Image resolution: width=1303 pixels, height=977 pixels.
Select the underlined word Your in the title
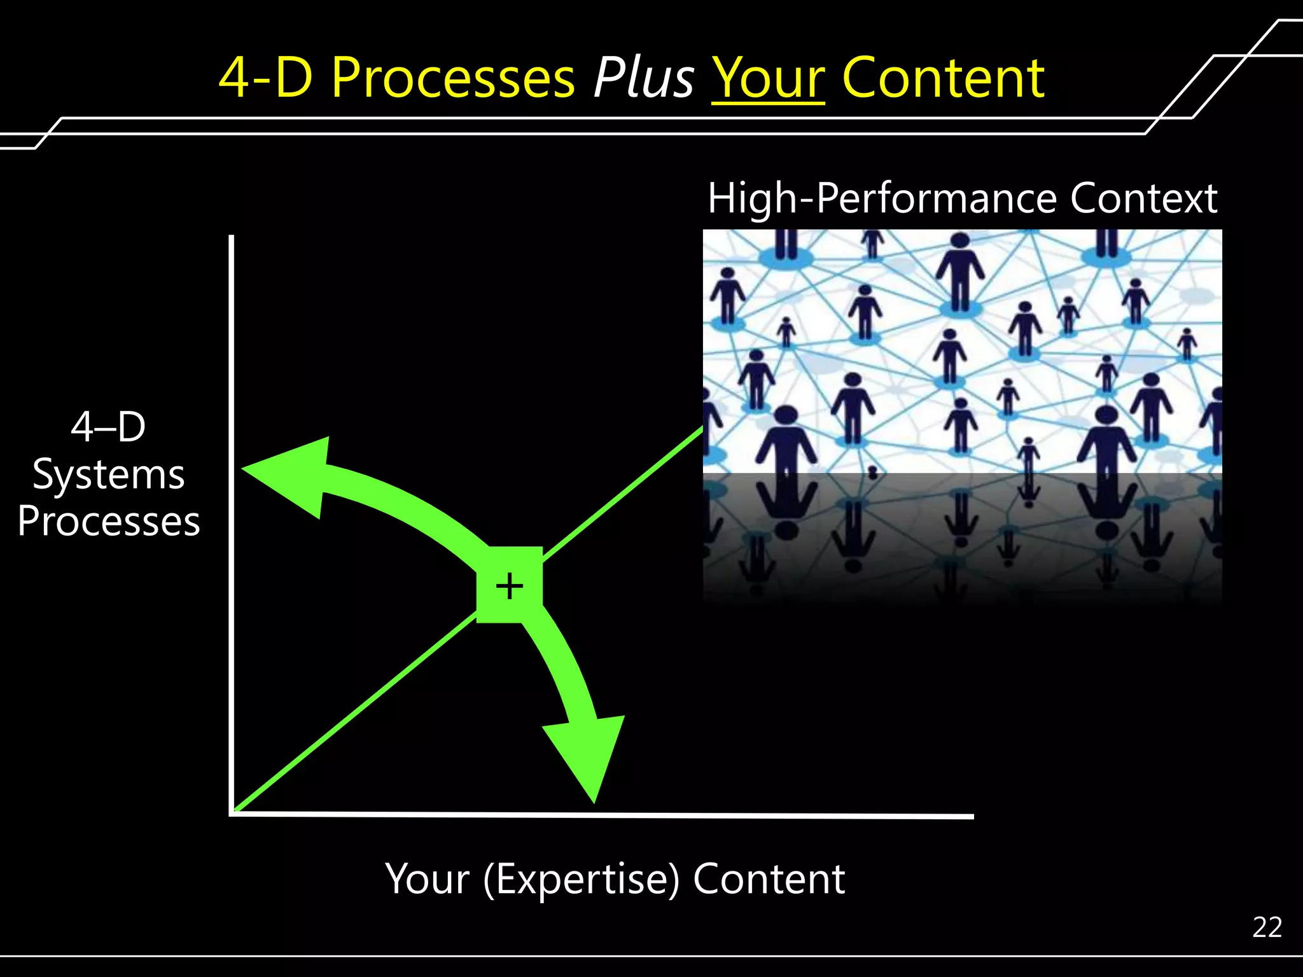[768, 79]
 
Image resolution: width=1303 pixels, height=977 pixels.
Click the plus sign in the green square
[509, 585]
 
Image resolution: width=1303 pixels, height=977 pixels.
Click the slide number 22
[1267, 927]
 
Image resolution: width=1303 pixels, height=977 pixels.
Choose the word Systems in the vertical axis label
[109, 475]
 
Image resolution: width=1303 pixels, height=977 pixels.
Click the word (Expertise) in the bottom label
[581, 879]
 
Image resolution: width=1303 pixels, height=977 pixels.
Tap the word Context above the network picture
[1143, 198]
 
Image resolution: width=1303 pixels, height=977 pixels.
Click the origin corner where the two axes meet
[232, 813]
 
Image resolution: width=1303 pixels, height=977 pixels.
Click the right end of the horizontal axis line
[972, 816]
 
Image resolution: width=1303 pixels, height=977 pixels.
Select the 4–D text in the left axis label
[109, 427]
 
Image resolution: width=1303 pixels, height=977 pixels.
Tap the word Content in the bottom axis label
[769, 879]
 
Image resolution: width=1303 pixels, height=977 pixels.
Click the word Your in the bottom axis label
[428, 879]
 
